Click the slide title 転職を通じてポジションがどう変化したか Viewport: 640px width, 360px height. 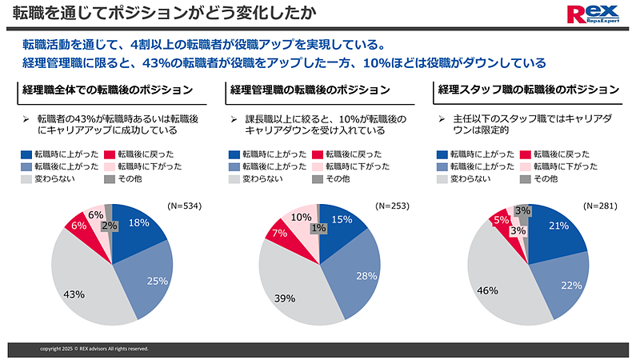160,14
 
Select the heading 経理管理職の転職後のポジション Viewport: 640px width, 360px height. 310,89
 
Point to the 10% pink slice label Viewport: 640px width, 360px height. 302,217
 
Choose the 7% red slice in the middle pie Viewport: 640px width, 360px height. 280,233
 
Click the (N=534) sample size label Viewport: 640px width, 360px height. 183,206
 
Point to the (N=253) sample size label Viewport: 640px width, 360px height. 392,206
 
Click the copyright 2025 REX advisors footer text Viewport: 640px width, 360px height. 94,349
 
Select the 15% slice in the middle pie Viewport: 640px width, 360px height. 342,221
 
